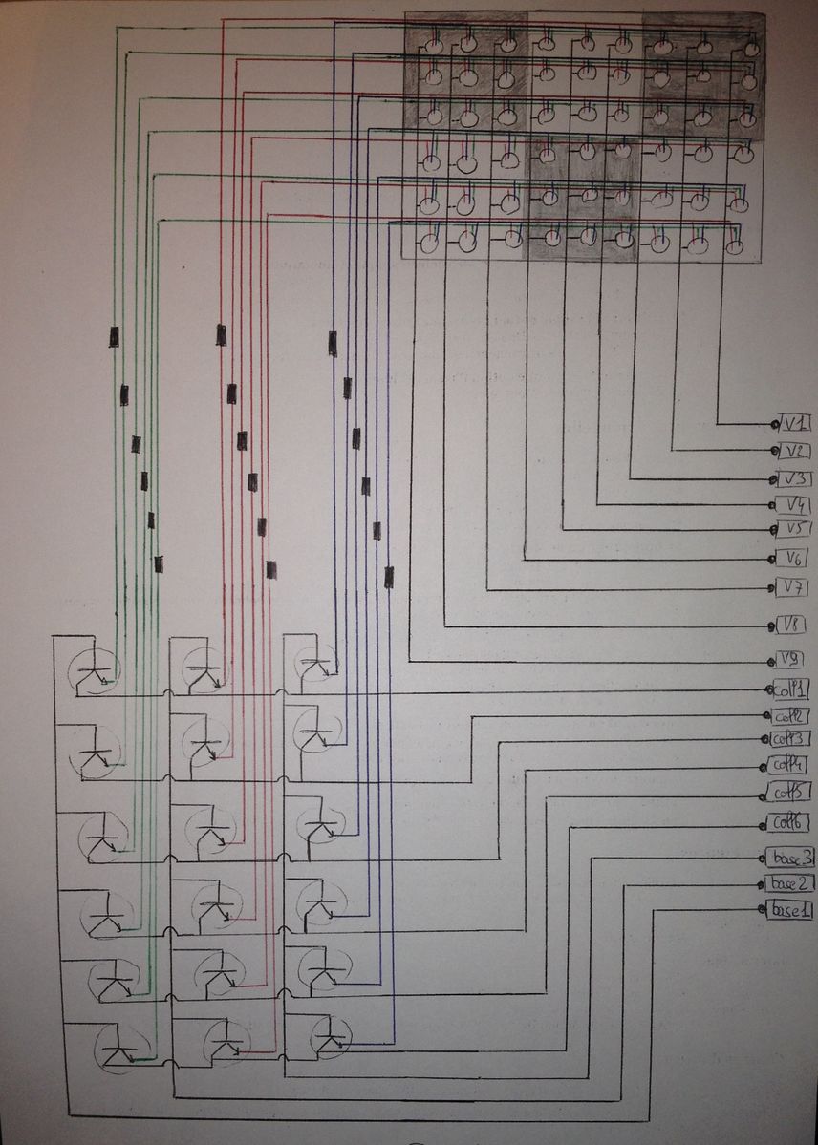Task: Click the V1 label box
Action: tap(796, 423)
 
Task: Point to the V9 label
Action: tap(791, 659)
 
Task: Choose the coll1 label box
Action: tap(792, 689)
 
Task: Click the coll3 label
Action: tap(793, 738)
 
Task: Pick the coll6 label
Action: tap(793, 821)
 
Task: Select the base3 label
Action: tap(793, 856)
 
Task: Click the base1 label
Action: tap(792, 910)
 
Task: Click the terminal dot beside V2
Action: tap(773, 450)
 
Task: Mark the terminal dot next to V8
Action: tap(772, 627)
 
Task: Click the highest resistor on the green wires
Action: tap(114, 336)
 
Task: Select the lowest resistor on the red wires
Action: tap(271, 569)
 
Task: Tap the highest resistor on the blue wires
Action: tap(333, 343)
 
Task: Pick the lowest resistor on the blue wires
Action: tap(388, 576)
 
